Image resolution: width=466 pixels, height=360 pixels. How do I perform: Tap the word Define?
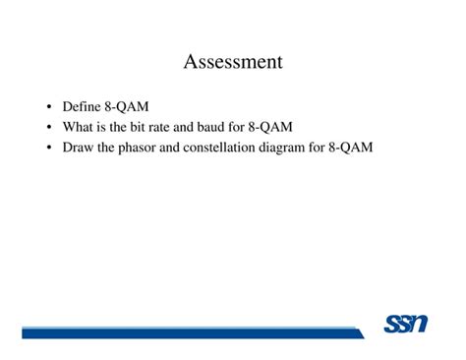click(x=81, y=106)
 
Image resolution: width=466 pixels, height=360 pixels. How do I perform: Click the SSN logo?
click(x=405, y=323)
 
